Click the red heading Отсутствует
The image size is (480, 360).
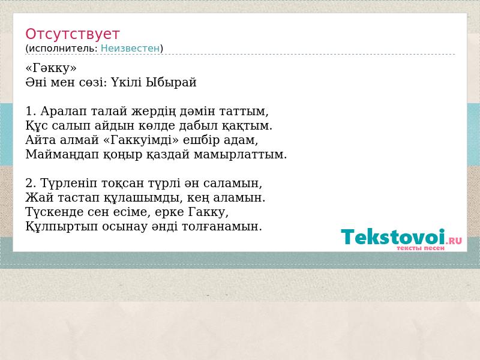tap(72, 34)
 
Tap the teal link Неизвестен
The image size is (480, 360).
tap(130, 49)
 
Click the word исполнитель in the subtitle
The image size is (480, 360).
tap(63, 49)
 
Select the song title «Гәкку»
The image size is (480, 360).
tap(51, 68)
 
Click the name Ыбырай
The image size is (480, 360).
tap(171, 83)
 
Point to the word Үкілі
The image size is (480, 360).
tap(126, 82)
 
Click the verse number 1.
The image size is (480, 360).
tap(31, 111)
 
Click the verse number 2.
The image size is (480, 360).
tap(31, 183)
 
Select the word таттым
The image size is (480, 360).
tap(244, 111)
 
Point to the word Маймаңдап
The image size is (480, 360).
tap(62, 155)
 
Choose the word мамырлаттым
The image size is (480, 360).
tap(241, 155)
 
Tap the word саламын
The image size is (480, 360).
tap(233, 183)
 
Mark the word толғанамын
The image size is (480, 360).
tap(222, 227)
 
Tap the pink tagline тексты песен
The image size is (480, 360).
tap(421, 248)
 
